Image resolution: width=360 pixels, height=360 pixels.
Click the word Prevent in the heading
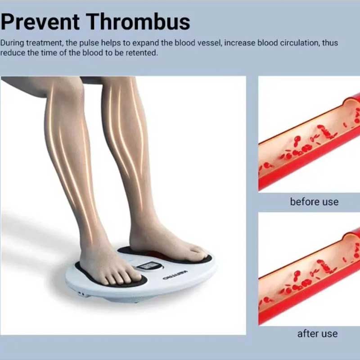(40, 22)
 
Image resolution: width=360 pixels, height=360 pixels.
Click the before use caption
(314, 202)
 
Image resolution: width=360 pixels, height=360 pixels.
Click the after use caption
(317, 333)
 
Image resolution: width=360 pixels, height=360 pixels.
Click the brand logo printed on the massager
(175, 275)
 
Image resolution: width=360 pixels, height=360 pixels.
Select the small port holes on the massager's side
(81, 293)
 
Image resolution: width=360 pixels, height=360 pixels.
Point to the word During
(13, 43)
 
